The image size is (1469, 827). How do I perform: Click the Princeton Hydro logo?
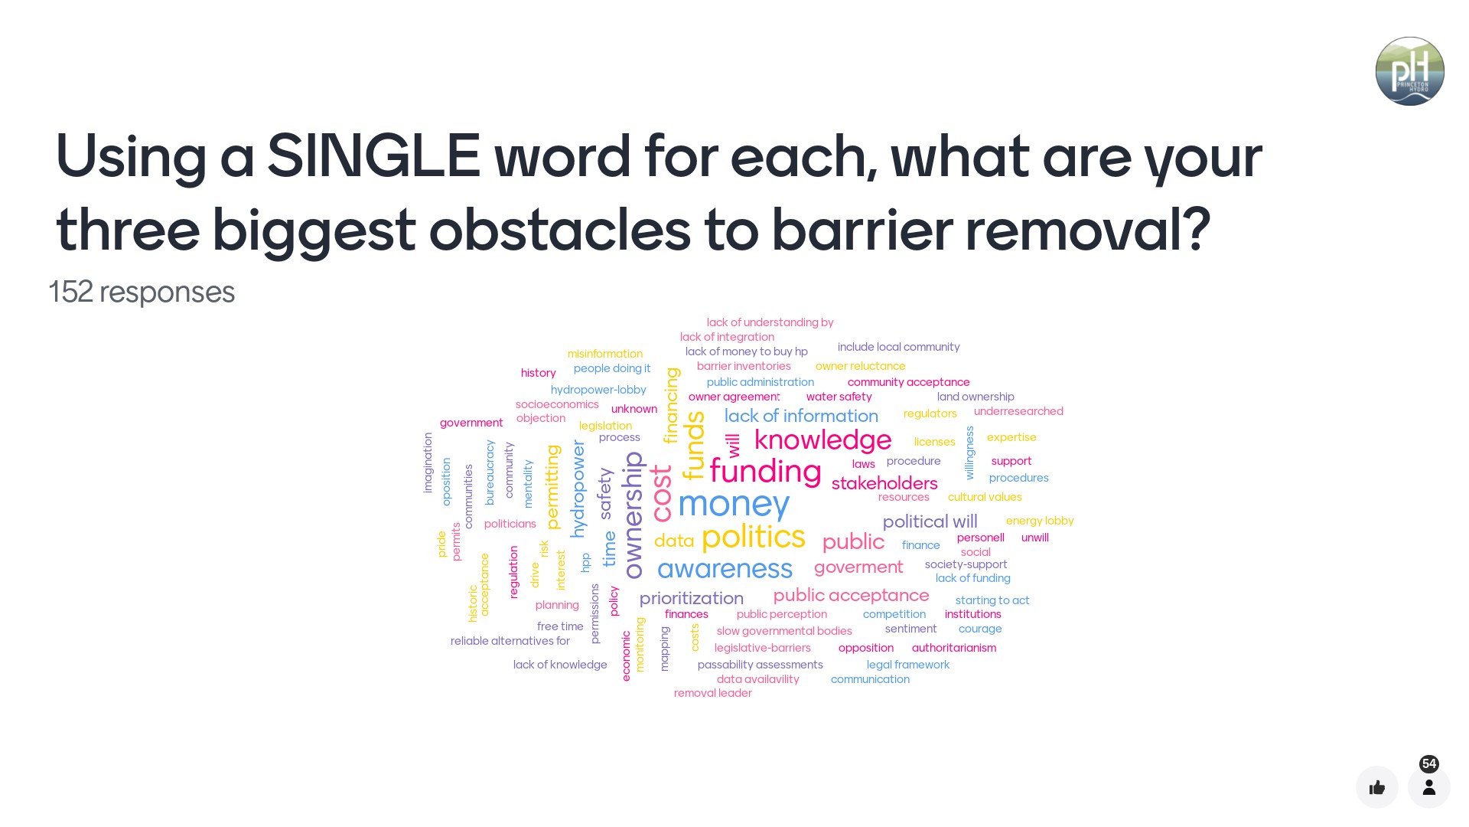coord(1409,71)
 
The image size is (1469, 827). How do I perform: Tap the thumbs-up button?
coord(1377,787)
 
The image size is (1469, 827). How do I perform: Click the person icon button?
coord(1429,787)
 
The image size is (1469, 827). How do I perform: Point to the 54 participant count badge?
coord(1429,763)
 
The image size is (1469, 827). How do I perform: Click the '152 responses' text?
coord(142,292)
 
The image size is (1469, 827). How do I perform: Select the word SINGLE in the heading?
coord(373,155)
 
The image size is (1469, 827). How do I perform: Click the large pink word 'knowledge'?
coord(822,440)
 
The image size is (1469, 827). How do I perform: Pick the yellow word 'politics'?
coord(754,537)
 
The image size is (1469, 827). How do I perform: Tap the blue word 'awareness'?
coord(725,568)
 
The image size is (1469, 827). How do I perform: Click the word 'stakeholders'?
coord(884,483)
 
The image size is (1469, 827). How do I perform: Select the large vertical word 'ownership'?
coord(633,515)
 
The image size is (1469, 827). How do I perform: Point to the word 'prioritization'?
coord(692,598)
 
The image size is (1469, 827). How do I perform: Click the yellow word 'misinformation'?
coord(605,354)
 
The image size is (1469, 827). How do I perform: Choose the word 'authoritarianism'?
coord(954,648)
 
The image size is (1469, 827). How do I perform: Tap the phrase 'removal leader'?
coord(713,693)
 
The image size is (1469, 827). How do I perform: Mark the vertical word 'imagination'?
coord(428,463)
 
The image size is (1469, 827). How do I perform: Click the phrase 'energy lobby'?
coord(1040,521)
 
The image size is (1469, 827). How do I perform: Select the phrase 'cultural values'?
coord(985,497)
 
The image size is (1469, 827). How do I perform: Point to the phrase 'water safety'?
coord(839,397)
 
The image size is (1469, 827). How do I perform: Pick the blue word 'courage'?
coord(980,629)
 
